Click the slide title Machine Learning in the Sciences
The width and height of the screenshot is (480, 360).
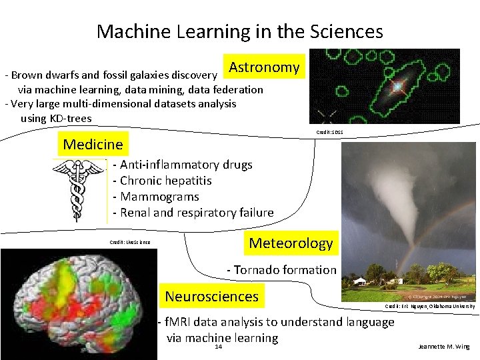[239, 31]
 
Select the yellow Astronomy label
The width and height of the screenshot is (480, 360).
[264, 67]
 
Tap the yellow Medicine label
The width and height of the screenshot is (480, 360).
[93, 144]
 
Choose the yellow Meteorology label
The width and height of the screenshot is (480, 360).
[291, 243]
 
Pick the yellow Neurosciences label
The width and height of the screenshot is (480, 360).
[211, 296]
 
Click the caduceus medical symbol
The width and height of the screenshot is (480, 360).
[78, 190]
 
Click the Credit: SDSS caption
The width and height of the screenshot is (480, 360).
[330, 133]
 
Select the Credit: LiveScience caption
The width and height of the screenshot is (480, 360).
[130, 242]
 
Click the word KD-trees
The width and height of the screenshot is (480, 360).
[71, 119]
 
